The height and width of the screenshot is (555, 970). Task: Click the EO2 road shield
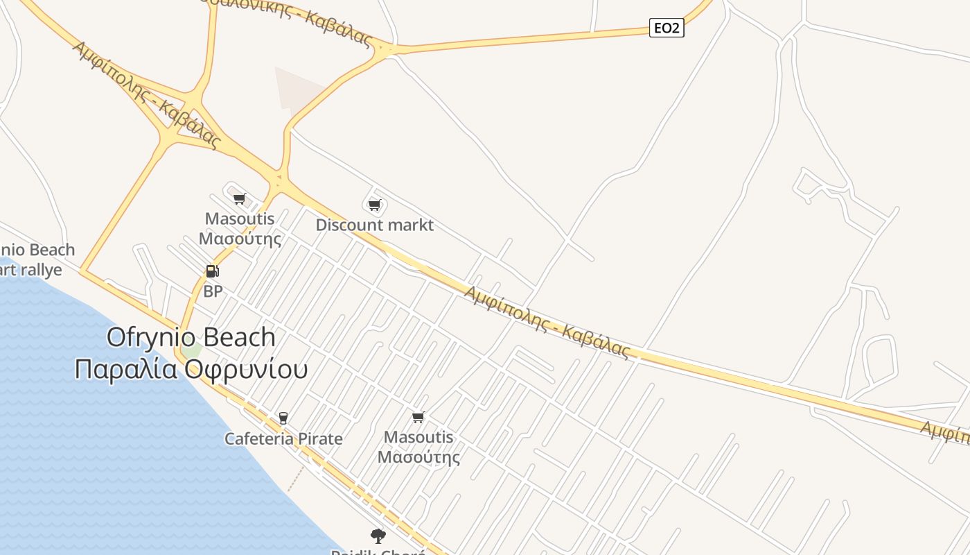[x=667, y=28]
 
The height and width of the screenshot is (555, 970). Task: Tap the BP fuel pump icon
[x=213, y=271]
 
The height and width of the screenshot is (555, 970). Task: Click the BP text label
[x=213, y=291]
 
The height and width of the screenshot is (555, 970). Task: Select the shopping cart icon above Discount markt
[x=375, y=205]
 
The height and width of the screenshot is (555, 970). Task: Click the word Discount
[x=346, y=225]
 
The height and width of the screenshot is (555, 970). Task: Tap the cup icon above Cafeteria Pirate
[x=283, y=418]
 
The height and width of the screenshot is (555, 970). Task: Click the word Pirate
[x=320, y=438]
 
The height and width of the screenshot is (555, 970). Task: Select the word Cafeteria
[x=259, y=438]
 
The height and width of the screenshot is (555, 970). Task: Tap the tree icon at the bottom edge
[x=378, y=536]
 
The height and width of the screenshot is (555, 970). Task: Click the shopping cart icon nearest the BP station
[x=240, y=199]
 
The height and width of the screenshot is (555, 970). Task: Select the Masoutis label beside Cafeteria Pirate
[x=418, y=437]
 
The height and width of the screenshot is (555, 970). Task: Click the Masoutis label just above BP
[x=240, y=219]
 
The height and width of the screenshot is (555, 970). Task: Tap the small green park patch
[x=192, y=350]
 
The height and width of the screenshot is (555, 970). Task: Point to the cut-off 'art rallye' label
[x=31, y=270]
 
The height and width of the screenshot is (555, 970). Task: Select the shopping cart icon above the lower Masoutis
[x=418, y=417]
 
